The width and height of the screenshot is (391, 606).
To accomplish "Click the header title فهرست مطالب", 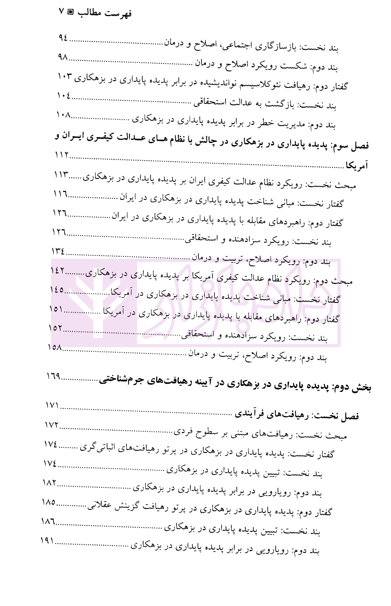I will [105, 13].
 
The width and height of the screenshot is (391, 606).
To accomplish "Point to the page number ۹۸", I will [63, 58].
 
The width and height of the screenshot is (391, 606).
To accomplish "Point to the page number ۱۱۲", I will [61, 155].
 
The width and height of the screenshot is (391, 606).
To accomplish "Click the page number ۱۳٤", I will [58, 251].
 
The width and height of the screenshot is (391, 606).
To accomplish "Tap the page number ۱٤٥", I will [57, 290].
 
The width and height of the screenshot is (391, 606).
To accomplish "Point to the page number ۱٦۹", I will [53, 376].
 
